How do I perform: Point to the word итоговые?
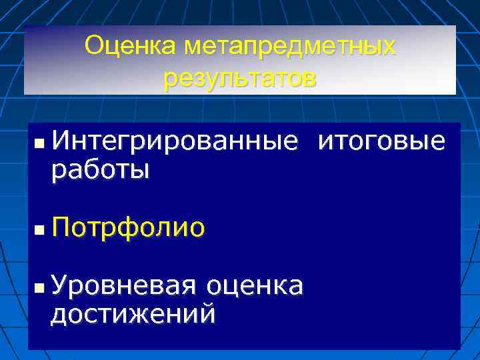coord(382,142)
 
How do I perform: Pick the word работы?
coord(101,171)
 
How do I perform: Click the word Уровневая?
coord(123,285)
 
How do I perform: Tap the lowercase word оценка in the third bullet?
coord(255,286)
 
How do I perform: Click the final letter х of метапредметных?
coord(389,48)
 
